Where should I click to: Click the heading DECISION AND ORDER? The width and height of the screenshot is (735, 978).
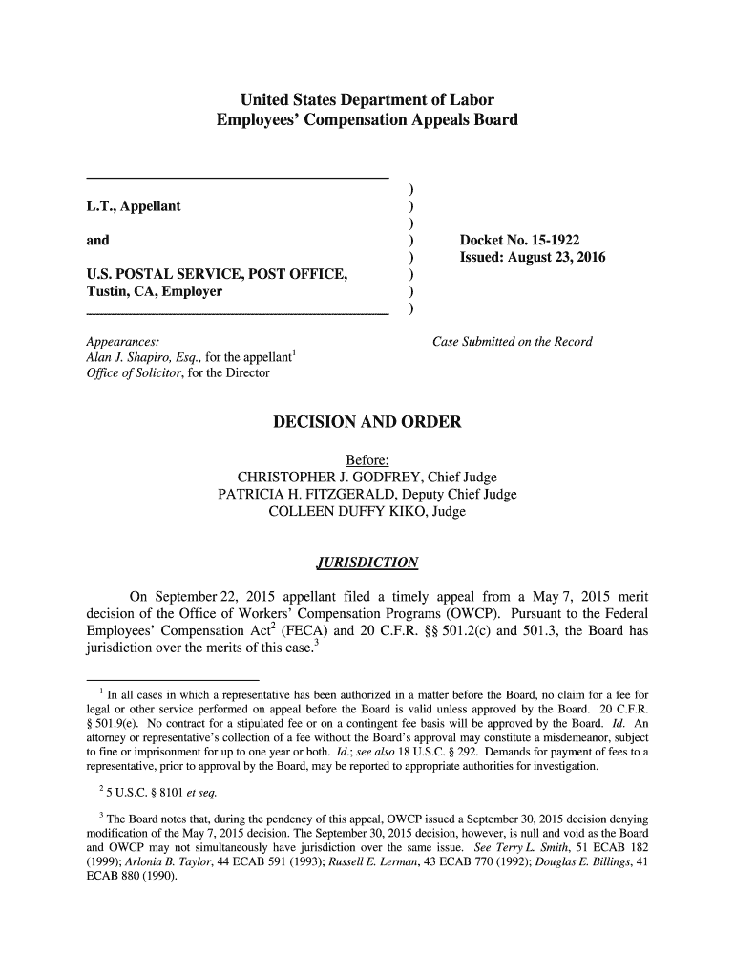(x=367, y=422)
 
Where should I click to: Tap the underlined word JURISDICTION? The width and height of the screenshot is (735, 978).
(x=367, y=562)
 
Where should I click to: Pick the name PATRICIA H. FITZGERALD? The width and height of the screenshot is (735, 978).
(x=308, y=495)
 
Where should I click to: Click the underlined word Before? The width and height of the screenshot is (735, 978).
(x=367, y=459)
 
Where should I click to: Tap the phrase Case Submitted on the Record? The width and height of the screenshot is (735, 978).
(x=513, y=342)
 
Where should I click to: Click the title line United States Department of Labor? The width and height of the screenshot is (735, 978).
(x=367, y=100)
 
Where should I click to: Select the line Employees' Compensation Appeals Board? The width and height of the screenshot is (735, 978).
(x=367, y=121)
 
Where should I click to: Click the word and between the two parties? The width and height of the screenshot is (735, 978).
(x=97, y=240)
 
